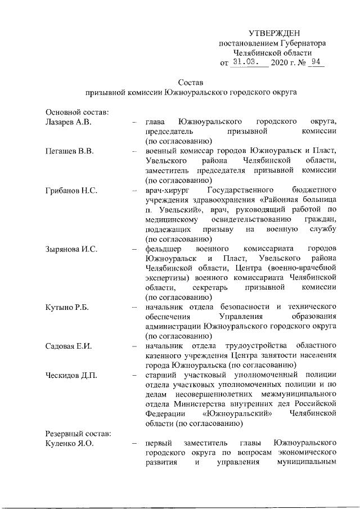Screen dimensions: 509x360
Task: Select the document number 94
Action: tap(316, 62)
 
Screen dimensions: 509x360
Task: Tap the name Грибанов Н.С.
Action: tap(71, 191)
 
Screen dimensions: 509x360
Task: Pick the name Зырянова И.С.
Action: tap(73, 249)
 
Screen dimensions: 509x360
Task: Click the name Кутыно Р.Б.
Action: tap(67, 307)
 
